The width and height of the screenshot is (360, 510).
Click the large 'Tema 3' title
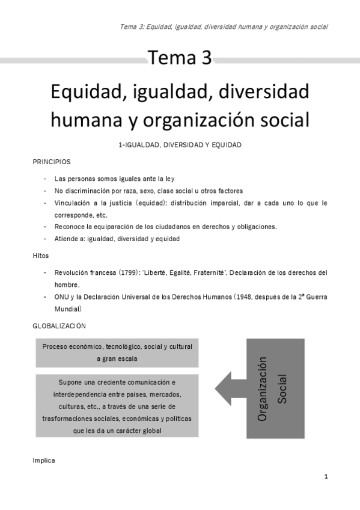point(180,59)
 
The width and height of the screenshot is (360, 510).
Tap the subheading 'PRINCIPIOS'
point(51,162)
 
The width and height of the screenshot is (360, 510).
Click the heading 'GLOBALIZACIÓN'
point(59,326)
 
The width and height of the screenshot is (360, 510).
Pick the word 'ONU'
point(62,297)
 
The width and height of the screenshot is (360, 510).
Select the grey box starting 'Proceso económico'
point(117,353)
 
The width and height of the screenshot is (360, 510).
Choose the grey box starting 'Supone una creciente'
point(117,406)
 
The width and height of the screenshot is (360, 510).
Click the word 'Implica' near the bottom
point(43,460)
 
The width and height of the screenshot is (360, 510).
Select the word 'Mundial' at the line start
point(66,309)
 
